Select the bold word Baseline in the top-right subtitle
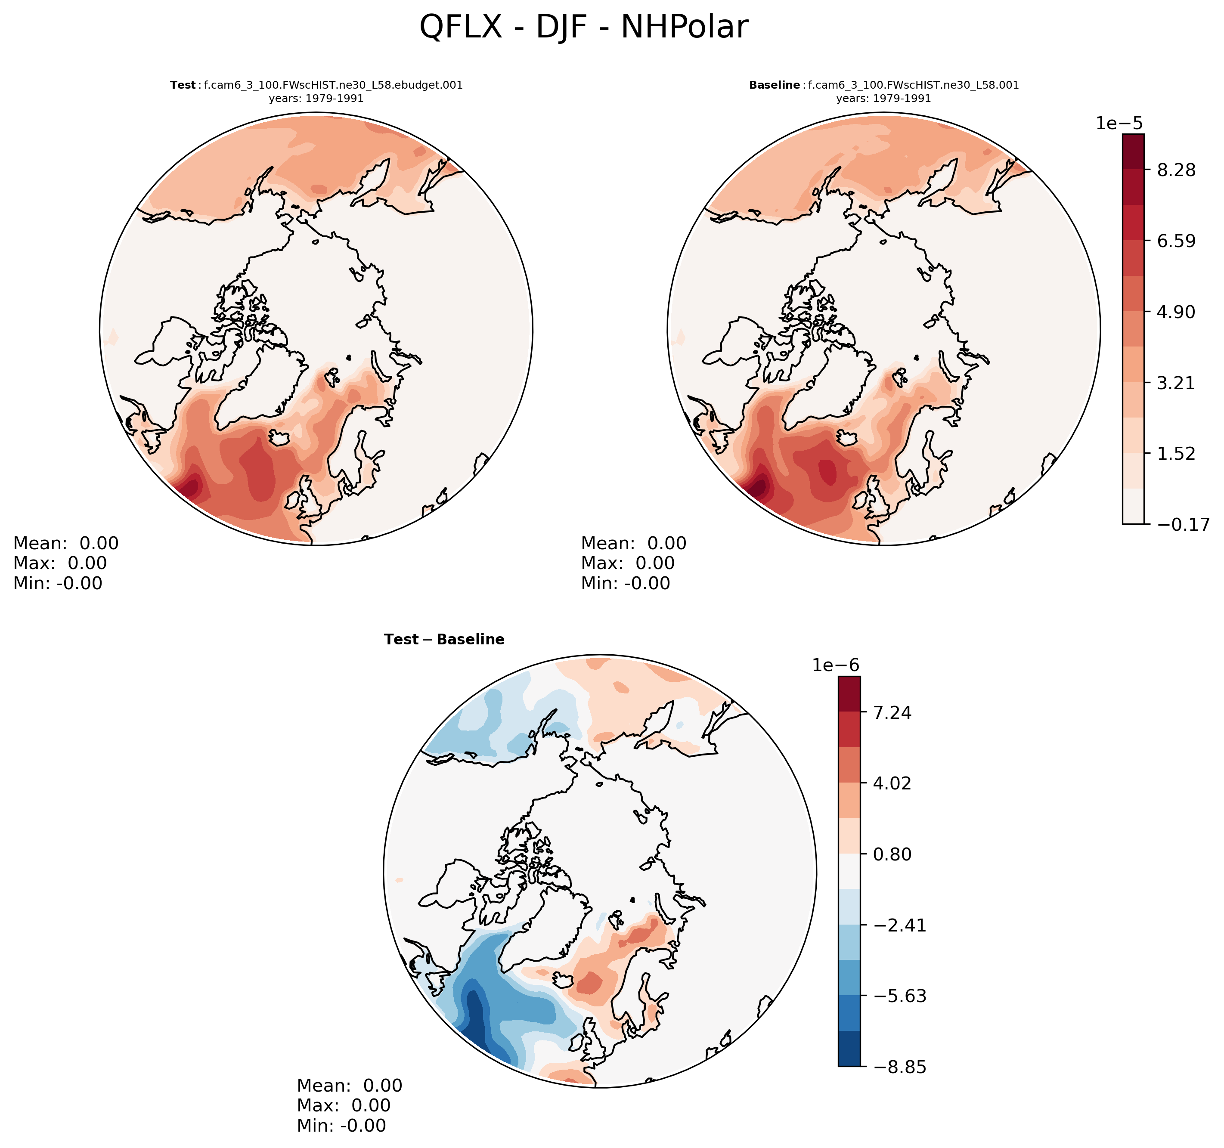(774, 85)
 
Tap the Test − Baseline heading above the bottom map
(444, 640)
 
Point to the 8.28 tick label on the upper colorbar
(1176, 170)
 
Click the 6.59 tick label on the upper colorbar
(1176, 241)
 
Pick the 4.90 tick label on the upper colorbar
(1176, 312)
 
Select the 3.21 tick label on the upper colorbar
(1176, 383)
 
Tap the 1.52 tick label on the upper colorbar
(1176, 454)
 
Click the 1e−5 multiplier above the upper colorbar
(1119, 123)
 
